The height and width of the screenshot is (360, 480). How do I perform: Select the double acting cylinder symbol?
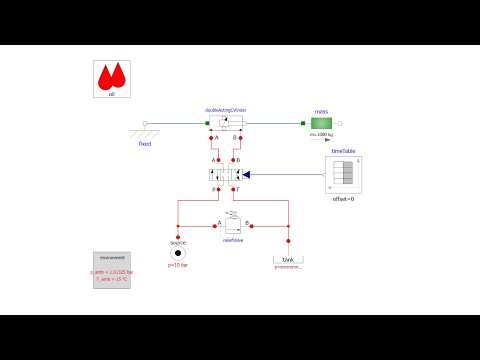click(225, 124)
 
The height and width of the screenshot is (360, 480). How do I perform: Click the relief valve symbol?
click(226, 225)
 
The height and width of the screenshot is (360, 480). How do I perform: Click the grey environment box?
click(113, 271)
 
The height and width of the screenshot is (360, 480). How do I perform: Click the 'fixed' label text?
click(146, 143)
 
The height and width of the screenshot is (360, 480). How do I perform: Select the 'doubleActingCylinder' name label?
click(225, 109)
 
